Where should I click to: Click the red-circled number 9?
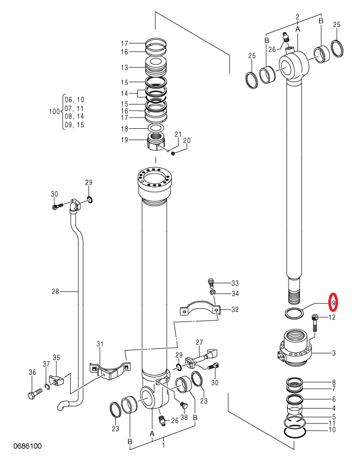point(333,302)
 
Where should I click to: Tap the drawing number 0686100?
point(27,446)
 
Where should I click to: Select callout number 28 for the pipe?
point(55,292)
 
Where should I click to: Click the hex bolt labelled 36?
point(34,394)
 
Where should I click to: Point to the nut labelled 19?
point(156,142)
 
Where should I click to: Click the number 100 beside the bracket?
point(54,112)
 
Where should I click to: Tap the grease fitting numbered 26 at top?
point(286,38)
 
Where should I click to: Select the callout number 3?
point(334,353)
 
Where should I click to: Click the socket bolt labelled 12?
point(314,323)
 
